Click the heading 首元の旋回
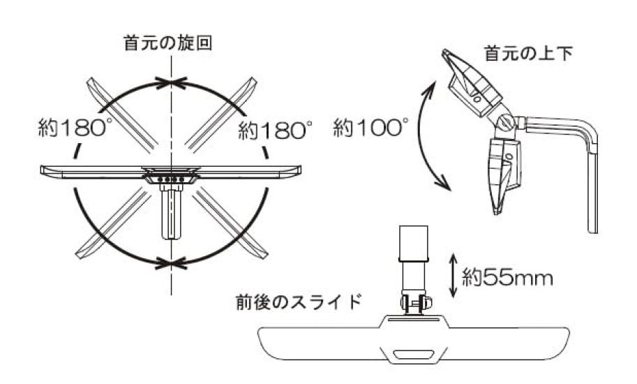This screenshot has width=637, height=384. click(x=167, y=43)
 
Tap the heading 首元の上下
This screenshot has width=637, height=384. click(x=528, y=53)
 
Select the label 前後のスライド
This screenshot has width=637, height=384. click(x=299, y=302)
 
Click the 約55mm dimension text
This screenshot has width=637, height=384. click(x=507, y=279)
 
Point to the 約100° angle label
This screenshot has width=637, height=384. click(x=370, y=128)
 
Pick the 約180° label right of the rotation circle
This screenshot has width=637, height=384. click(x=275, y=130)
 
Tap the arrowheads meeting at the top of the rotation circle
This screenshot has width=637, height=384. click(x=172, y=83)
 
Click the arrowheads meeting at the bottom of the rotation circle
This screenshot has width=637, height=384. click(x=172, y=263)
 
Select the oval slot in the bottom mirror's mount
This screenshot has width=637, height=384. click(x=411, y=353)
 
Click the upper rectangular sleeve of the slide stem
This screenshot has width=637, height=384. click(x=413, y=242)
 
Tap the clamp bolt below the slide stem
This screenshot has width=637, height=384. click(x=417, y=303)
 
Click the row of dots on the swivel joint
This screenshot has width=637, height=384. click(x=171, y=179)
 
